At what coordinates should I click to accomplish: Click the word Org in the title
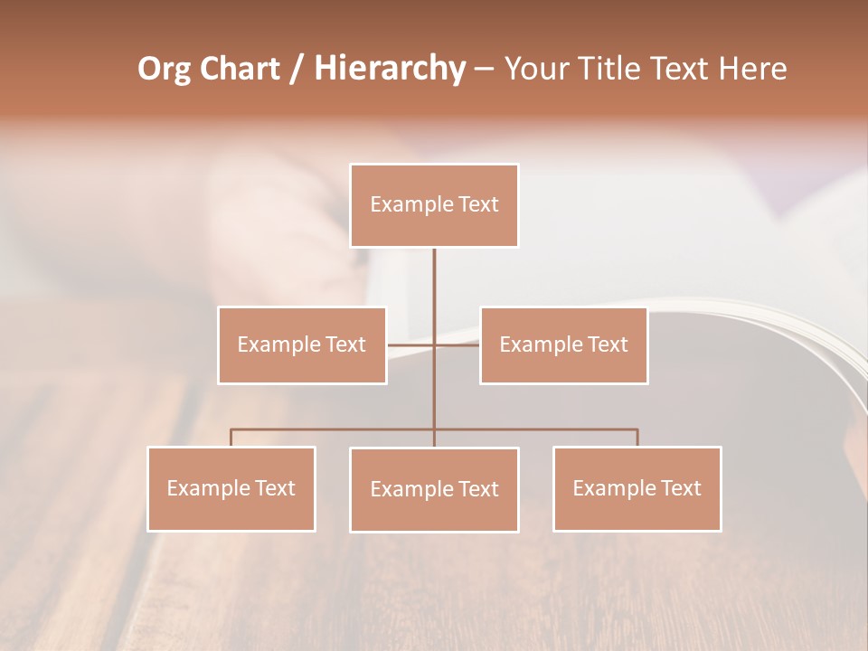165,69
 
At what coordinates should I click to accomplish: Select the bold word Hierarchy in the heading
389,69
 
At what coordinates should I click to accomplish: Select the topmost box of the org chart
434,205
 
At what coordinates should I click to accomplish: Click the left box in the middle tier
302,344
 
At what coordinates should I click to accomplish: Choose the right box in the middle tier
563,344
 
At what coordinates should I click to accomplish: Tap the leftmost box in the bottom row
231,488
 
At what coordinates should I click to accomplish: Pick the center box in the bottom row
434,489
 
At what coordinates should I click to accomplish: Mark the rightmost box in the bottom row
637,488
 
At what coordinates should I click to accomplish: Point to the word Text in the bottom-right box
680,488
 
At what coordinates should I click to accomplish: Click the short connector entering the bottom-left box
231,438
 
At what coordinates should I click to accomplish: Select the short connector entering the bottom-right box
637,438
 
